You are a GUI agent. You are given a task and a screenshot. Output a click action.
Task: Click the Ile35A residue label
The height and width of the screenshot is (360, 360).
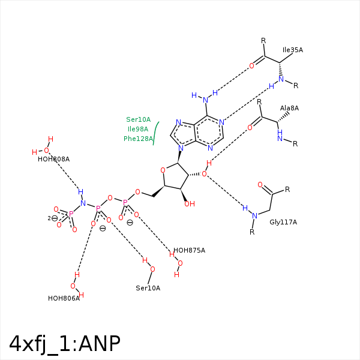(293, 50)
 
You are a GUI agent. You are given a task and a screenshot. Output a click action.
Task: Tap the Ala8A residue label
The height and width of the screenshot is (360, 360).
(289, 108)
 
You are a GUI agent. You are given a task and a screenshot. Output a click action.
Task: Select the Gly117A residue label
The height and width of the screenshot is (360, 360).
(283, 222)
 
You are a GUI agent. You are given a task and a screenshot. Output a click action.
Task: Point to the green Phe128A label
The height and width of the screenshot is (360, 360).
(138, 139)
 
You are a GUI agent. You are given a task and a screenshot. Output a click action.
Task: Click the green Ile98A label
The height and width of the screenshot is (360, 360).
(138, 129)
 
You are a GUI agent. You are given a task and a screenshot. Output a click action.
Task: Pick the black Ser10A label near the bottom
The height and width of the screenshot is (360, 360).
(148, 288)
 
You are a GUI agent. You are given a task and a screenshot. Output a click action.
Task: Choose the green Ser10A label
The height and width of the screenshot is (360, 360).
(138, 119)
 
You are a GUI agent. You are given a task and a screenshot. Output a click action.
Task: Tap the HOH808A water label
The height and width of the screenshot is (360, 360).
(54, 159)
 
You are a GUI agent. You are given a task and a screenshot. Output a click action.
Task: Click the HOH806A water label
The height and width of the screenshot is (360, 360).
(64, 298)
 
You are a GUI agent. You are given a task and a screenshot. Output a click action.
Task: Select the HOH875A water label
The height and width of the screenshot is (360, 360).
(189, 250)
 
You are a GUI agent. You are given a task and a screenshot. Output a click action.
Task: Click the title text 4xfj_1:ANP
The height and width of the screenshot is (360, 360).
(65, 344)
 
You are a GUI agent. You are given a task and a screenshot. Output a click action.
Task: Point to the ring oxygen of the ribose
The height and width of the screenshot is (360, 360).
(163, 170)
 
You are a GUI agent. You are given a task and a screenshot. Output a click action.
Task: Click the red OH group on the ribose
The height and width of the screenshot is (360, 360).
(190, 204)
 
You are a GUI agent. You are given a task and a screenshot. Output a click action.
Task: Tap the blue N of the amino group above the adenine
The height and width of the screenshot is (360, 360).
(205, 100)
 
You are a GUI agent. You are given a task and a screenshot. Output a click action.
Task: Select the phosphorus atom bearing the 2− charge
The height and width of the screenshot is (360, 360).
(71, 214)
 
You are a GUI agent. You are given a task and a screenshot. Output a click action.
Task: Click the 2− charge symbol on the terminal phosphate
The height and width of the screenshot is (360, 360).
(53, 218)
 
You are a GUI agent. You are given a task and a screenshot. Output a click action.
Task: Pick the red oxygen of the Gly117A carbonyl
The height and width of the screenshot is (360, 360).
(260, 185)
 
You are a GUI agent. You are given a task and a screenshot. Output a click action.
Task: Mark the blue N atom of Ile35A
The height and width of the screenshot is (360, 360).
(281, 79)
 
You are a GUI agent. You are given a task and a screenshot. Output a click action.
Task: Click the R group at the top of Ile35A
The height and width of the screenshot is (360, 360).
(263, 41)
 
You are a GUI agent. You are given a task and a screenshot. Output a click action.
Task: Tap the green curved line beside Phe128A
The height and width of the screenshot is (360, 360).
(155, 133)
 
